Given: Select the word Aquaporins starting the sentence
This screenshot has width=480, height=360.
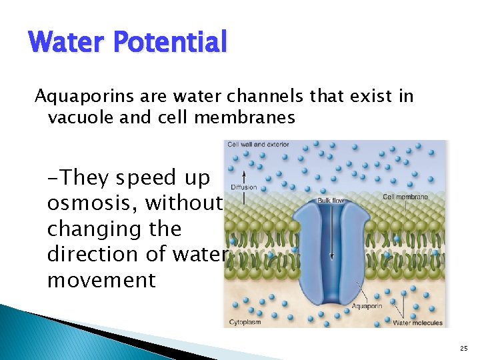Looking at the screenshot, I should tap(73, 97).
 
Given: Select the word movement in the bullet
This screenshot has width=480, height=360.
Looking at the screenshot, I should tap(101, 280).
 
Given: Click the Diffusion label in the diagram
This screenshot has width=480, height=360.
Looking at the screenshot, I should tap(243, 187).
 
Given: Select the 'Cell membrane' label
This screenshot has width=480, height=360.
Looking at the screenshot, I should tap(405, 196).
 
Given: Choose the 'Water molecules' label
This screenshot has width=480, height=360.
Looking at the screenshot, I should tap(417, 323).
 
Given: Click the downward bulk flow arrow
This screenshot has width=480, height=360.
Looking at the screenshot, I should tap(331, 233).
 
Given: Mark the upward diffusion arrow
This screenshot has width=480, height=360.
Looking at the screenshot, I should tap(245, 176).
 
